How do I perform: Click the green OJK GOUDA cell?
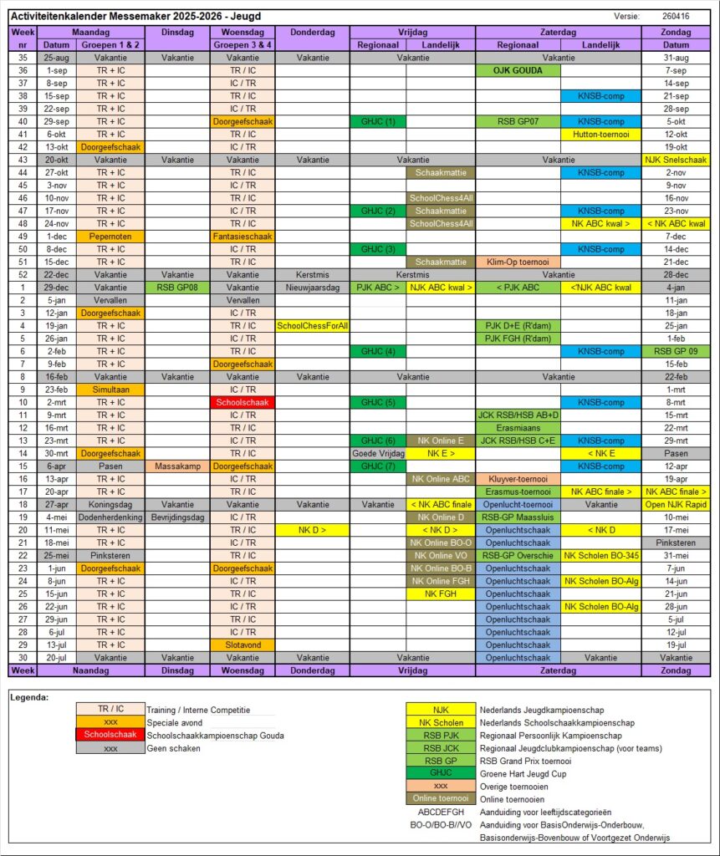click(x=518, y=70)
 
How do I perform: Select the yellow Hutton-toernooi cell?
click(x=600, y=134)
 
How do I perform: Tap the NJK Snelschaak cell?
click(x=676, y=160)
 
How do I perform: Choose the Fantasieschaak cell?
click(x=243, y=237)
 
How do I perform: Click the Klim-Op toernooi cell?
click(x=518, y=262)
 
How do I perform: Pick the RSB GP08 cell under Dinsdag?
click(x=176, y=288)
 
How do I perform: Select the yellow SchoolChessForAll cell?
click(x=312, y=325)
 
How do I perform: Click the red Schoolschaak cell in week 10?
click(x=243, y=402)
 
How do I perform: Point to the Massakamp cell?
click(x=176, y=466)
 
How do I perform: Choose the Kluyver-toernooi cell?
click(x=518, y=479)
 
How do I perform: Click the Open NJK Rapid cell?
click(x=676, y=504)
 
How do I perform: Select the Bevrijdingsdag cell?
click(x=176, y=517)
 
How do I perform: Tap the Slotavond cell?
click(x=243, y=645)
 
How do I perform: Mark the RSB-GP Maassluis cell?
click(x=518, y=517)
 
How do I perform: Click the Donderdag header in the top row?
click(x=312, y=32)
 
